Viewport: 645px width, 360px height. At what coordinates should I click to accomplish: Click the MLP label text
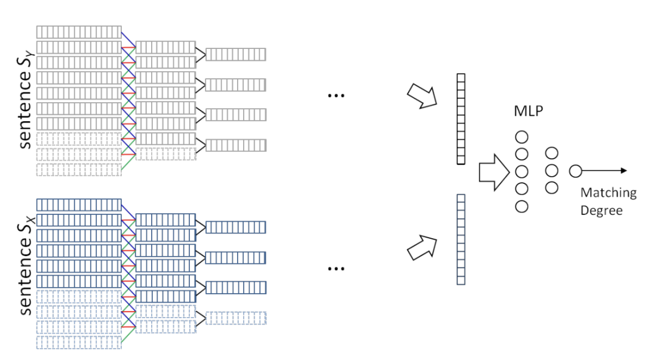click(x=528, y=112)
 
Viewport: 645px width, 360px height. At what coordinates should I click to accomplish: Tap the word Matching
click(x=609, y=193)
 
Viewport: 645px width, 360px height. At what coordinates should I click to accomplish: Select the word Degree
click(x=601, y=210)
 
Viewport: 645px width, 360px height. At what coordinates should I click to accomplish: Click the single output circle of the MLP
click(x=575, y=171)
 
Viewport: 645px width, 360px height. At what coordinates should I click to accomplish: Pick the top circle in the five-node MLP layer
click(x=522, y=137)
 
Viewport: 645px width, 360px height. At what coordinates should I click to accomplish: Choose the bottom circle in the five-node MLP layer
click(x=522, y=207)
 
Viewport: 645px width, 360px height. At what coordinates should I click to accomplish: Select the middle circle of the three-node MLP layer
click(x=552, y=171)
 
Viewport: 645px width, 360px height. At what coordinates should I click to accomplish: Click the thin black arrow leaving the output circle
click(x=604, y=171)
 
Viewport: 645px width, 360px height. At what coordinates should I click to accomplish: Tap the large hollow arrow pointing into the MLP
click(x=494, y=172)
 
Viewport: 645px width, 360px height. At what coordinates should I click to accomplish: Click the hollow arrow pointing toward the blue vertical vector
click(x=422, y=247)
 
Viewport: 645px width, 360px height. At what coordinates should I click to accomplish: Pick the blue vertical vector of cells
click(x=460, y=239)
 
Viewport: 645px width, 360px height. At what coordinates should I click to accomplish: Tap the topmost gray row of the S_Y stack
click(x=79, y=32)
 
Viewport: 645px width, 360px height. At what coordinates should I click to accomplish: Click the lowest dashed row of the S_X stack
click(x=79, y=342)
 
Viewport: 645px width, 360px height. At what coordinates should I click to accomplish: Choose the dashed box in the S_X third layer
click(x=235, y=318)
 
